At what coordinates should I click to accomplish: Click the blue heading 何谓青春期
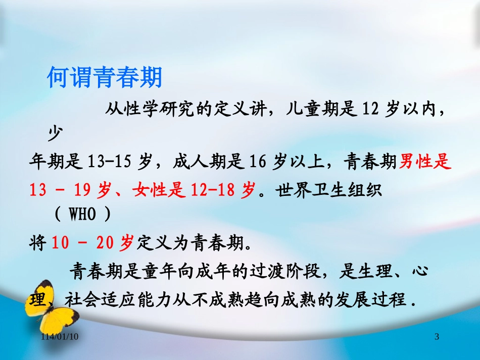click(105, 78)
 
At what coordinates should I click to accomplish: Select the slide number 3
click(437, 336)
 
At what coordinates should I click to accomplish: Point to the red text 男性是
click(425, 163)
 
